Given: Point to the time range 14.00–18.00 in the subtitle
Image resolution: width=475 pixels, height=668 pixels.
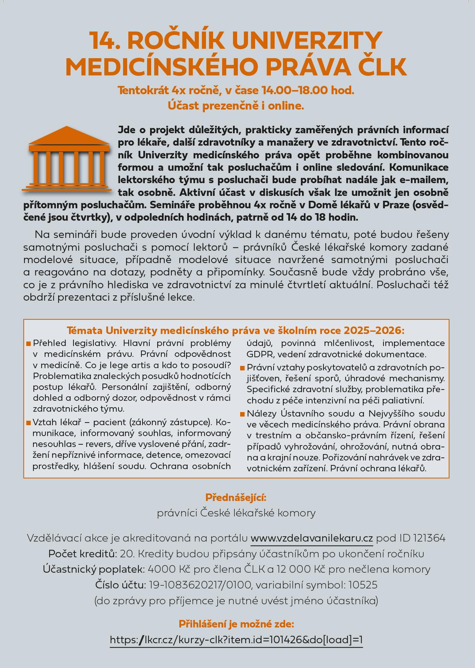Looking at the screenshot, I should coord(295,90).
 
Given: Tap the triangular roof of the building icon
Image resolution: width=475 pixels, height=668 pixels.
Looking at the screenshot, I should coord(66,136).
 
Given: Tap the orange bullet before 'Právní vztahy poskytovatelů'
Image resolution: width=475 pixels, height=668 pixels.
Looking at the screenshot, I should coord(242,368).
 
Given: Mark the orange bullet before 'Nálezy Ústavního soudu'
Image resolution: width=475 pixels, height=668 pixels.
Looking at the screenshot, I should coord(242,414).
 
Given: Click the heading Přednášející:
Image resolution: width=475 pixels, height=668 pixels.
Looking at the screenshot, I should coord(236,498).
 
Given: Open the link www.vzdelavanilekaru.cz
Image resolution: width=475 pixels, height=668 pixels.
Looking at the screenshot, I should coord(311,538).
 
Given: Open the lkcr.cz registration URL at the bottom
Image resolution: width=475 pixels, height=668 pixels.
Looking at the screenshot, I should coord(236,639).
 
